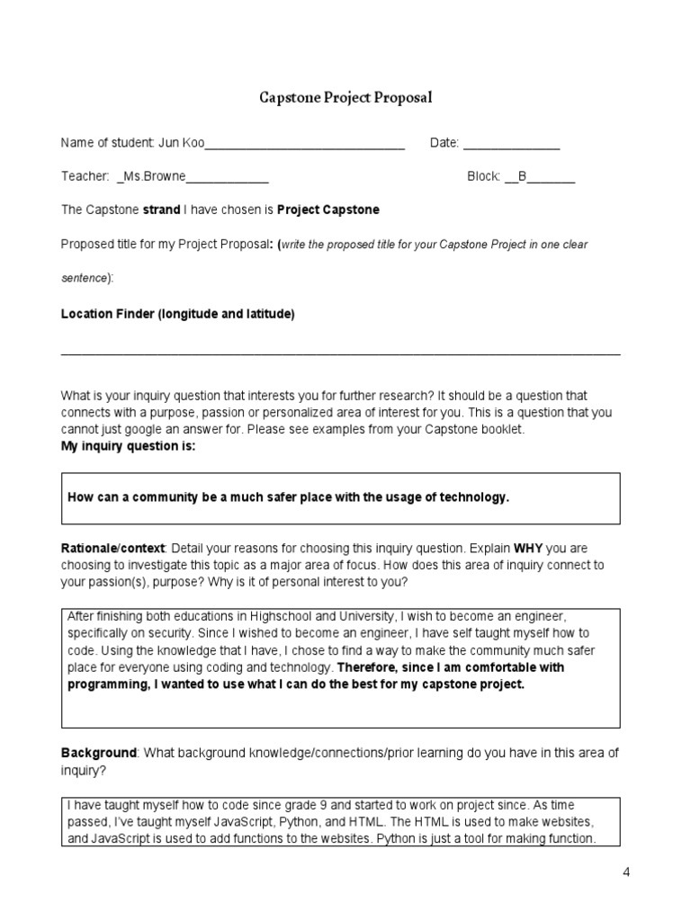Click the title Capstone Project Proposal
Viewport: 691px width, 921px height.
345,97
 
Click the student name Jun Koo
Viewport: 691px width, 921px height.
183,143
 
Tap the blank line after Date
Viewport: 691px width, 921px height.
511,144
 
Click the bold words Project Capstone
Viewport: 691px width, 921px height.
328,210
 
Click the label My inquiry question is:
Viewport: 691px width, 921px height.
128,446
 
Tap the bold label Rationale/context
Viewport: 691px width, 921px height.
113,548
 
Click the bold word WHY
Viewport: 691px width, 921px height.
529,548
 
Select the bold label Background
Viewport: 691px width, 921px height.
98,752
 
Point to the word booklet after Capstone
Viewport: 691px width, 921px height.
500,429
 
